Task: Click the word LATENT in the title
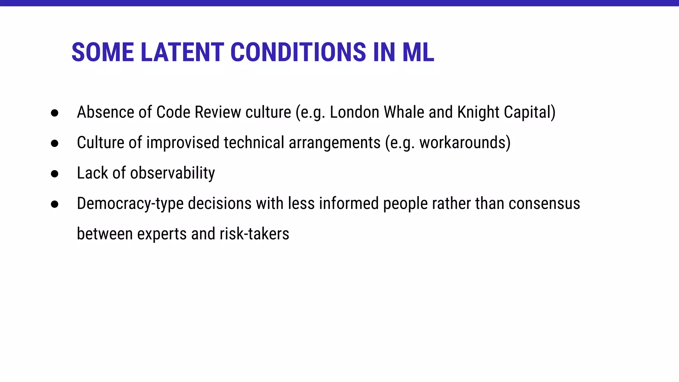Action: click(182, 52)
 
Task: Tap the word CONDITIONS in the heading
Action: click(298, 52)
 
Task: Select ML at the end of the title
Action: click(418, 52)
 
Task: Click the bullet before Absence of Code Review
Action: click(55, 113)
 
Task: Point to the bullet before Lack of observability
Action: click(55, 174)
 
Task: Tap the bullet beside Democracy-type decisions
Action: click(55, 204)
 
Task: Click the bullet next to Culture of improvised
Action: click(55, 143)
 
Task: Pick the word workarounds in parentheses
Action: click(463, 143)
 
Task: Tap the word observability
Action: click(172, 173)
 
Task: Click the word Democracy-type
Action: click(130, 204)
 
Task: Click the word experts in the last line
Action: click(162, 234)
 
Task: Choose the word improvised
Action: click(183, 143)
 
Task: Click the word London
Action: click(354, 112)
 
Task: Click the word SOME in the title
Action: click(102, 52)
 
